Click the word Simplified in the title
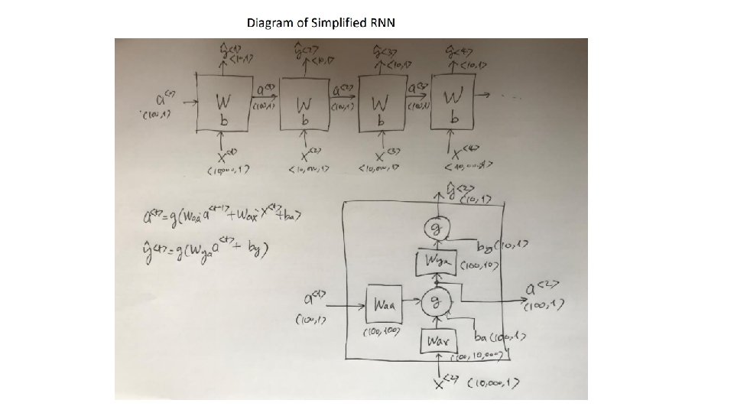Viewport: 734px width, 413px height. [x=336, y=22]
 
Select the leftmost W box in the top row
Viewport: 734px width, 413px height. [x=222, y=102]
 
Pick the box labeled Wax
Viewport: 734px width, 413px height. [x=434, y=339]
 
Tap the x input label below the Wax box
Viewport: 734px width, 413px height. [x=443, y=382]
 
